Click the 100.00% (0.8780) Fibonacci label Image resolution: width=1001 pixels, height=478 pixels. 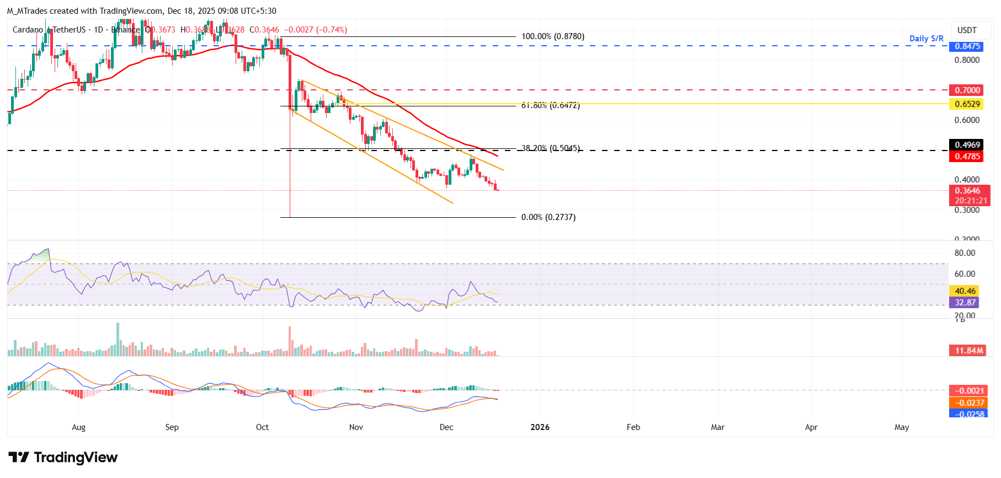(x=552, y=36)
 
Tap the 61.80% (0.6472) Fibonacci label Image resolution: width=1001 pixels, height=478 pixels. (x=550, y=105)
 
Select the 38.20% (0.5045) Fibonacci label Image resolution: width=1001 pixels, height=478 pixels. (x=550, y=148)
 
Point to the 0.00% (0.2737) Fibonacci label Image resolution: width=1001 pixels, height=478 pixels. (x=548, y=217)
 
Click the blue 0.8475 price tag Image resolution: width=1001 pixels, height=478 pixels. (x=967, y=46)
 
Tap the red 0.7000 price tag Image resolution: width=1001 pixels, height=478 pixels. (x=967, y=90)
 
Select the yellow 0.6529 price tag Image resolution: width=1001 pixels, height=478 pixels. (x=967, y=104)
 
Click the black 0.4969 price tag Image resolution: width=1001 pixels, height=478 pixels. (x=967, y=145)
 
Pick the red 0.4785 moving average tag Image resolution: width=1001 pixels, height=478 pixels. (x=967, y=157)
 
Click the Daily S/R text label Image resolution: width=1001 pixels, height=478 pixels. (x=926, y=39)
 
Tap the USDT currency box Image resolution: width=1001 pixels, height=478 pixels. (x=966, y=30)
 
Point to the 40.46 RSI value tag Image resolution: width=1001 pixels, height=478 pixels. (x=965, y=291)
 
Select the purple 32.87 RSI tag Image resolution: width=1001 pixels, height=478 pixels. (x=965, y=303)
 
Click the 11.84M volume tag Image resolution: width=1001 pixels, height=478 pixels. (x=968, y=351)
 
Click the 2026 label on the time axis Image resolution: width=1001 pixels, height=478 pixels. (x=540, y=427)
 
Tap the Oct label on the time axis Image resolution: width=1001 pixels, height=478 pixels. (x=262, y=427)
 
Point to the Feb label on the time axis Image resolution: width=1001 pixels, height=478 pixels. (x=633, y=427)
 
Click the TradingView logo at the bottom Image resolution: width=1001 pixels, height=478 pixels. (x=63, y=458)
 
